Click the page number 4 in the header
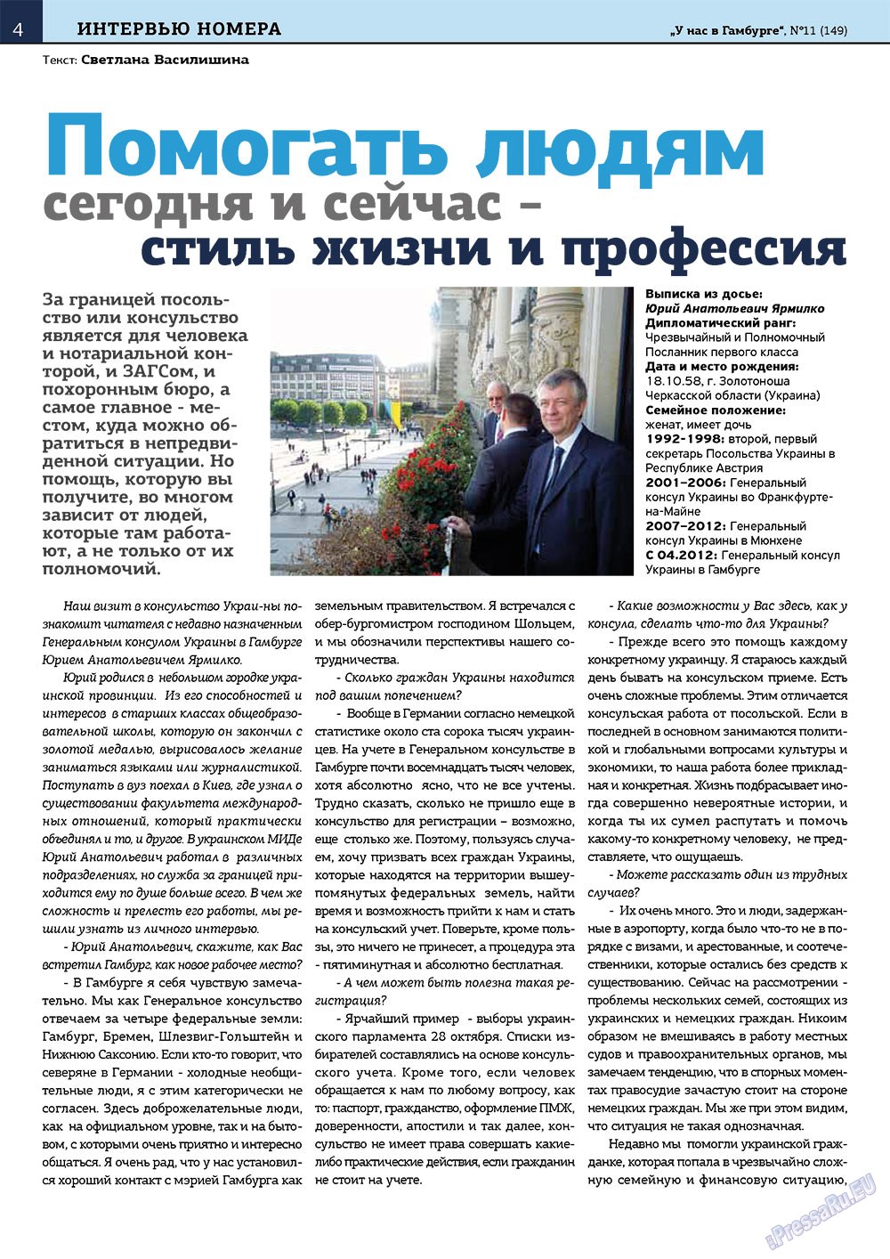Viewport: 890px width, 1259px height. point(17,29)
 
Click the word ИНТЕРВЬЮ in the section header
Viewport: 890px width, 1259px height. point(127,29)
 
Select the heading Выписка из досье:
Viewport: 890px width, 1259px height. point(704,294)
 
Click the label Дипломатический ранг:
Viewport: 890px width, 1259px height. point(721,322)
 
